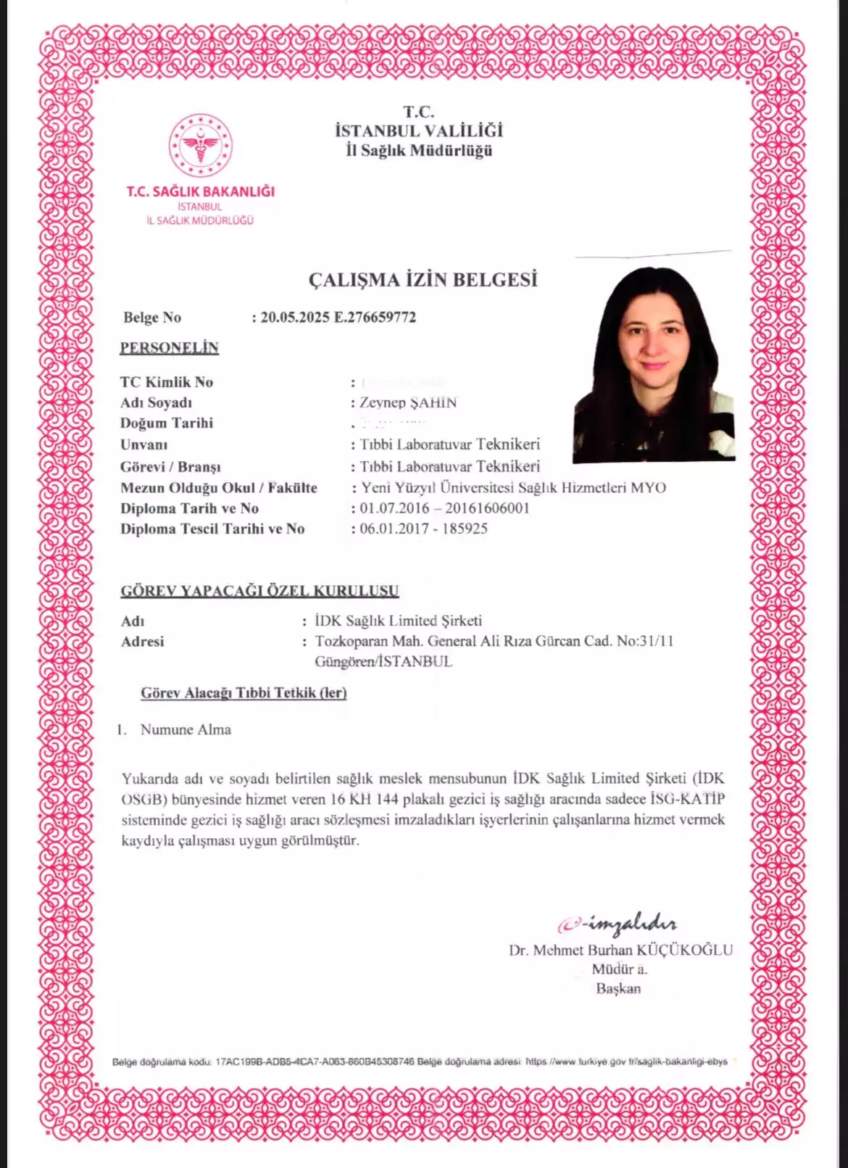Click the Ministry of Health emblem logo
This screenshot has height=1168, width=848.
201,145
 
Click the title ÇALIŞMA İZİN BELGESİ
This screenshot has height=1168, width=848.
423,280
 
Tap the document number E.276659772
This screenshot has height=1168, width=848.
375,318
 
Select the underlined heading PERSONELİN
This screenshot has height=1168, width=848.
169,348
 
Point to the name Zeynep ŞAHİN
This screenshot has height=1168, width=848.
408,403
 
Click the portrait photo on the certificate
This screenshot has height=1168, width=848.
654,365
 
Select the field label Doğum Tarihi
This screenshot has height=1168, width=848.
167,423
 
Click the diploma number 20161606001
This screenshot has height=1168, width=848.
487,508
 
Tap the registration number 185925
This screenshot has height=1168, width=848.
465,529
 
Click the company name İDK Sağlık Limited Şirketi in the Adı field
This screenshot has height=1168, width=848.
399,621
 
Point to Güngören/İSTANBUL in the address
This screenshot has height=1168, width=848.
383,662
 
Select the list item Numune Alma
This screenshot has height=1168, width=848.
186,730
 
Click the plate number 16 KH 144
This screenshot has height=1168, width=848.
365,800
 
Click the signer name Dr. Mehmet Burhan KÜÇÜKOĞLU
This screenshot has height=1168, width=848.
620,950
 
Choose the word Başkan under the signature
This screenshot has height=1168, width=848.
618,989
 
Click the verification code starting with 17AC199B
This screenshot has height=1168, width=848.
315,1062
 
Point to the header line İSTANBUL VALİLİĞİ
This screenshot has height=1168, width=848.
419,131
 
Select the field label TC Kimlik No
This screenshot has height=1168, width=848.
167,383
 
